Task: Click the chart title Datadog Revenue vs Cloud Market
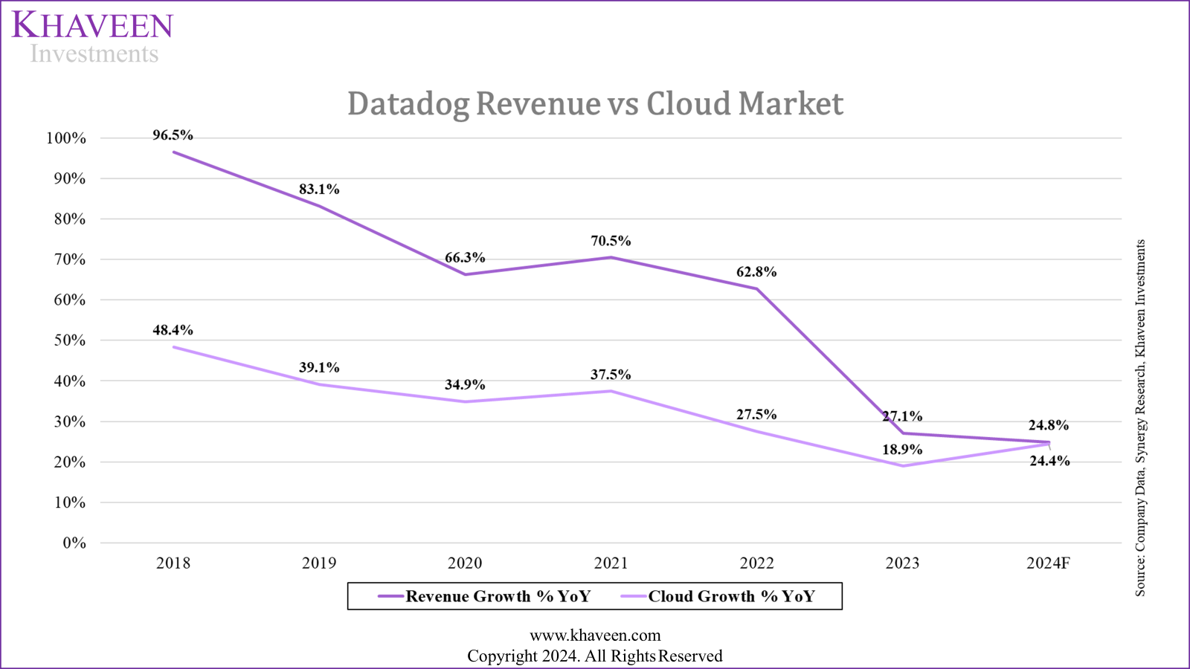pyautogui.click(x=595, y=103)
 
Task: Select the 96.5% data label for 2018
pyautogui.click(x=173, y=135)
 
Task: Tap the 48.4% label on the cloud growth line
pyautogui.click(x=173, y=330)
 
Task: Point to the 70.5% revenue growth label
pyautogui.click(x=611, y=241)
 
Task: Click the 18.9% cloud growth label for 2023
pyautogui.click(x=902, y=450)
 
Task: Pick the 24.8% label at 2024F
pyautogui.click(x=1049, y=425)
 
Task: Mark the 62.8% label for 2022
pyautogui.click(x=756, y=272)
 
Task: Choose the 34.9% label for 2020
pyautogui.click(x=465, y=385)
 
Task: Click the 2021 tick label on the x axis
pyautogui.click(x=611, y=563)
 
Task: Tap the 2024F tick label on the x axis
pyautogui.click(x=1048, y=563)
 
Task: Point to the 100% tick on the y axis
pyautogui.click(x=66, y=138)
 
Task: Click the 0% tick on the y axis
pyautogui.click(x=74, y=543)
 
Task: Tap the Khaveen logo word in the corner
pyautogui.click(x=92, y=25)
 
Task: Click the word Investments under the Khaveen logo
pyautogui.click(x=94, y=54)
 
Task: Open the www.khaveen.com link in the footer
pyautogui.click(x=595, y=636)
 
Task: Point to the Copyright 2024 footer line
pyautogui.click(x=595, y=656)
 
